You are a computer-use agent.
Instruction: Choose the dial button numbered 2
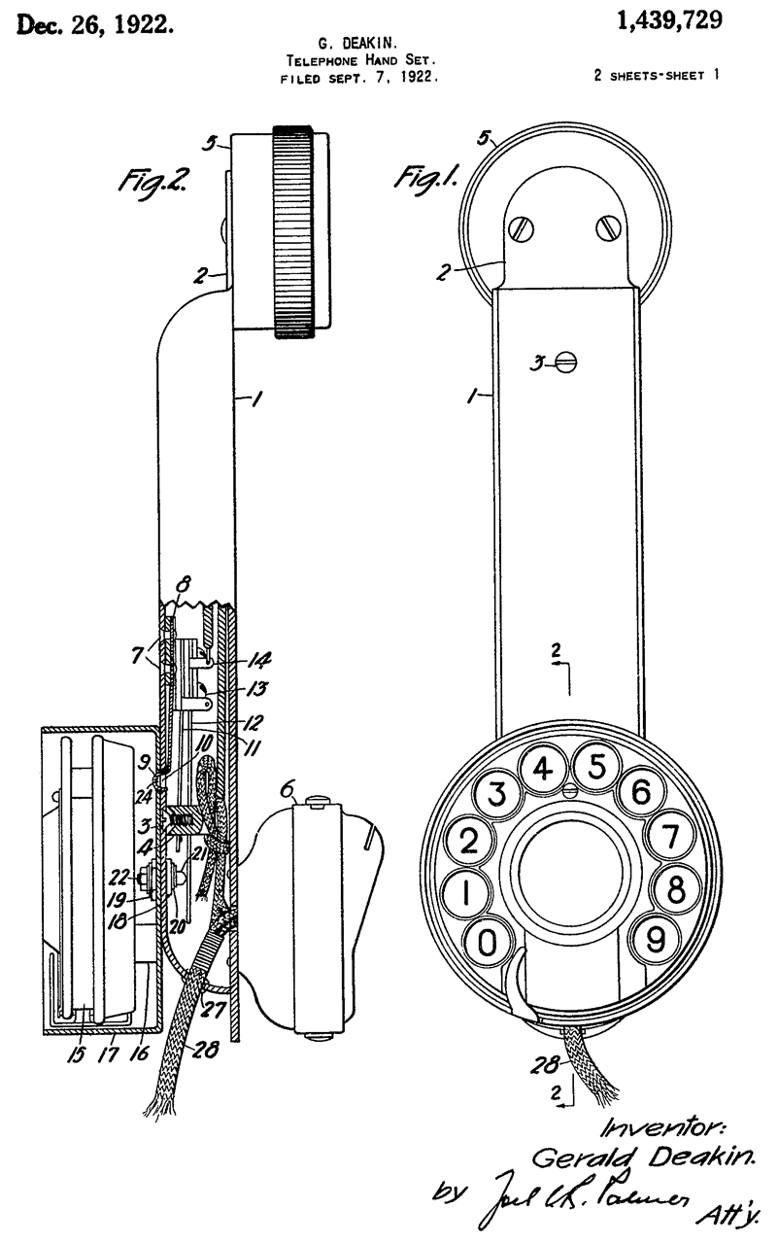[469, 841]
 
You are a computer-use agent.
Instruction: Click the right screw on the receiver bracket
[609, 230]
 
